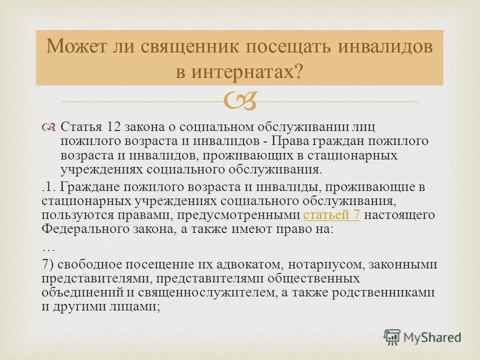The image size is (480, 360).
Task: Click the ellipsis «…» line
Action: coord(47,247)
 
